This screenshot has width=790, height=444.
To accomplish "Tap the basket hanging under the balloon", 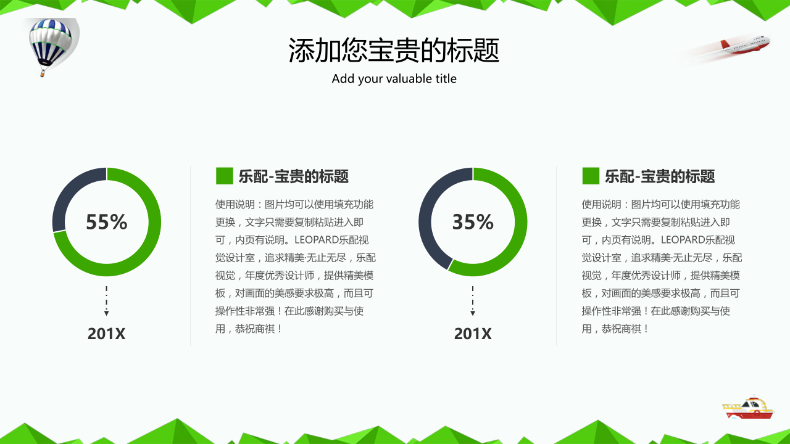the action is coord(43,74).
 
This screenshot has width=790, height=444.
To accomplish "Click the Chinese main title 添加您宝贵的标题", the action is coord(394,51).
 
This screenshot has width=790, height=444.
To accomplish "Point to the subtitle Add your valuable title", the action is coord(394,78).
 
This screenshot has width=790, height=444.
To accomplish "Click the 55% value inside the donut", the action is coord(107,221).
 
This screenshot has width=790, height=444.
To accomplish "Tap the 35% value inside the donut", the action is coord(473,221).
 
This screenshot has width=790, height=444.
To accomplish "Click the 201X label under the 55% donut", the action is coord(106,334).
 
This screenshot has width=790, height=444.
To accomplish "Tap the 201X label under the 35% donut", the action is coord(473,334).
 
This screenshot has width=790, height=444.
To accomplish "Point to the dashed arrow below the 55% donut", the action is coord(107,300).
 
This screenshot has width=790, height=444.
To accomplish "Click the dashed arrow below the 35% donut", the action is coord(473,300).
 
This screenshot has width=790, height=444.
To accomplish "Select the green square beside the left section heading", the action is coord(224,176).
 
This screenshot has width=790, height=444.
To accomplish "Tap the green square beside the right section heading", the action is coord(591,176).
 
